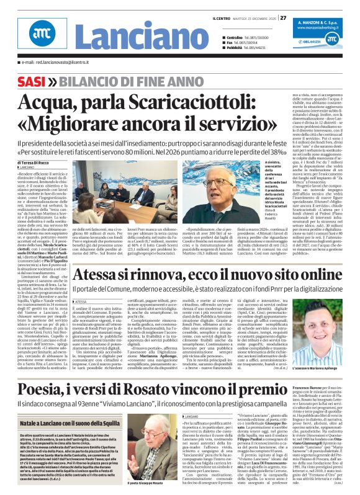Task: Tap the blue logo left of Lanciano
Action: [x=41, y=35]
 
